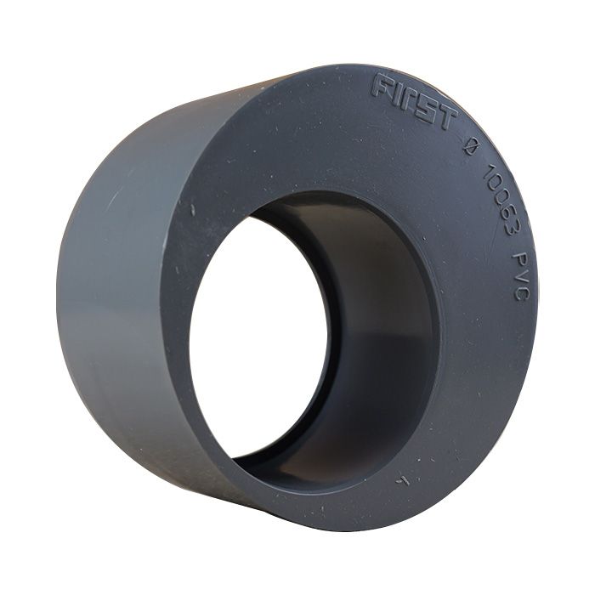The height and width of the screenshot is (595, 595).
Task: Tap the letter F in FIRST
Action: (382, 85)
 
